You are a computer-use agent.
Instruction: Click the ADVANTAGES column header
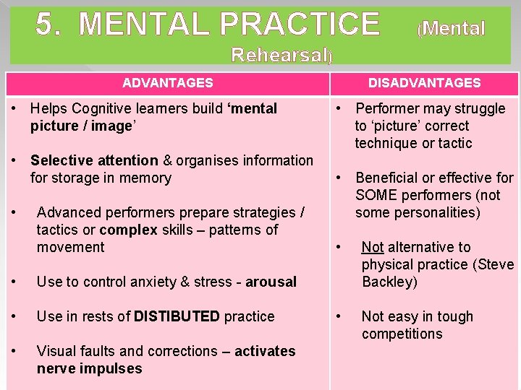click(x=168, y=83)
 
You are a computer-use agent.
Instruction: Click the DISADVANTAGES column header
click(x=424, y=83)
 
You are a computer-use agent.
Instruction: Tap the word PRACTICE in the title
click(x=300, y=25)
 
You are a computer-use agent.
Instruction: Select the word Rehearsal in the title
click(x=279, y=54)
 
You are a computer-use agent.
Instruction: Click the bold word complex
click(x=128, y=230)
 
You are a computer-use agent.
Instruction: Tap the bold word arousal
click(x=271, y=282)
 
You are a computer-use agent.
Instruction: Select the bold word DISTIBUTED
click(x=177, y=316)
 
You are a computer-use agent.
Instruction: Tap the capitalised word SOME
click(x=374, y=195)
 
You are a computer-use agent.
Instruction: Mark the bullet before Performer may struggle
click(x=338, y=108)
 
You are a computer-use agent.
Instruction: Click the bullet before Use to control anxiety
click(x=15, y=282)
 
